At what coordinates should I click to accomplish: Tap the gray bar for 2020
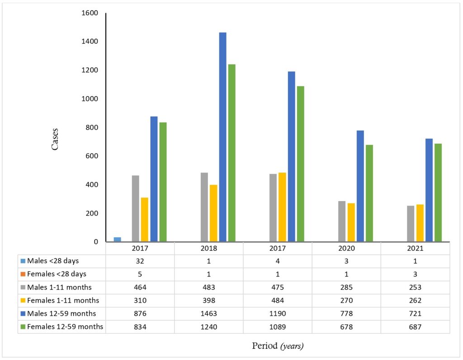coord(342,221)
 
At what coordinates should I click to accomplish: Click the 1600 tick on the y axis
coord(90,13)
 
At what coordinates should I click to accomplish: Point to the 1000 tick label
coord(90,99)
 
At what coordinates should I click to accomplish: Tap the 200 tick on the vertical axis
coord(92,213)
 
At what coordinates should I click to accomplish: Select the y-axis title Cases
coord(55,139)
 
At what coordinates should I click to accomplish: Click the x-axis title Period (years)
coord(278,346)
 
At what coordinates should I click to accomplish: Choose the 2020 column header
coord(346,249)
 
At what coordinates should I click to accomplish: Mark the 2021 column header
coord(415,249)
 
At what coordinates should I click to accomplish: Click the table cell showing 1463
coord(208,313)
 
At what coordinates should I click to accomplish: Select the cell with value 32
coord(140,261)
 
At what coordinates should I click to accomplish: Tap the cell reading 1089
coord(277,327)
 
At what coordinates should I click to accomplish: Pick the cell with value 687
coord(415,327)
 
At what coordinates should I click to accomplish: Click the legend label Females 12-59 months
coord(65,327)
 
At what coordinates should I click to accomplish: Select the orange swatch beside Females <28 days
coord(23,274)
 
